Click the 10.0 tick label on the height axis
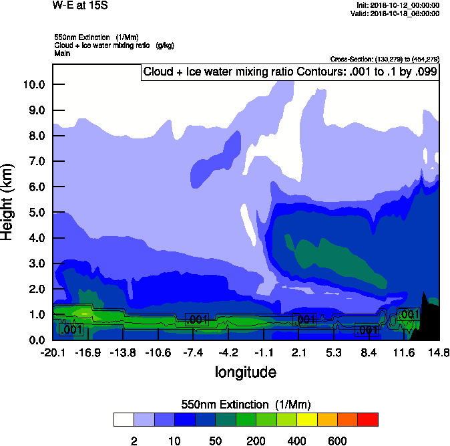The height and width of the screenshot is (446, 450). [x=33, y=84]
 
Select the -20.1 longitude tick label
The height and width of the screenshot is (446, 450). [x=52, y=352]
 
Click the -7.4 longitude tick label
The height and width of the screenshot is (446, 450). [x=194, y=352]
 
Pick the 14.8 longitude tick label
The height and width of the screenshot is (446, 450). [x=437, y=352]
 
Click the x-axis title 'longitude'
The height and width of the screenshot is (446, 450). [x=245, y=371]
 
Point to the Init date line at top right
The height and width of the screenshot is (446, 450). [x=398, y=5]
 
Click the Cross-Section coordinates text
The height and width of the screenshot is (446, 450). [x=385, y=60]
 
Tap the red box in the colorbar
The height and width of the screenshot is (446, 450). [x=368, y=419]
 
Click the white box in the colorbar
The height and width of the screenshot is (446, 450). [x=124, y=419]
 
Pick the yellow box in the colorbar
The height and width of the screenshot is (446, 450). [x=307, y=419]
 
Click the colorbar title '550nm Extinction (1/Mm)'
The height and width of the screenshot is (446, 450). [x=246, y=404]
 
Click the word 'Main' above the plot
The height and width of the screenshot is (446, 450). [x=63, y=53]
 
